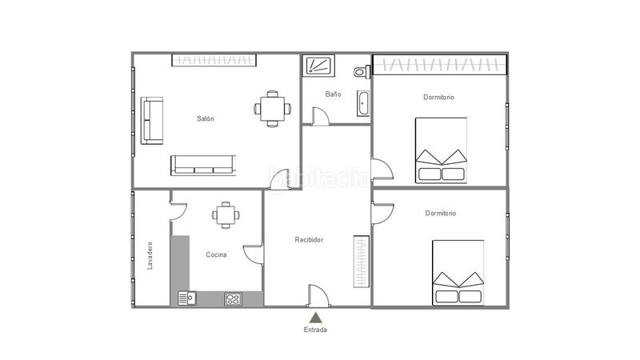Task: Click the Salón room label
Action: coord(206,118)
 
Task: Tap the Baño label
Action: coord(333,94)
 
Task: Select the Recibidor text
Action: coord(309,239)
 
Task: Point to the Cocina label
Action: coord(216,254)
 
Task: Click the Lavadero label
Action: coord(150,255)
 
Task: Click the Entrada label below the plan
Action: coord(315,330)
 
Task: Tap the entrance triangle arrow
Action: coord(315,318)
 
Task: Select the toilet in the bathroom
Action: coord(362,72)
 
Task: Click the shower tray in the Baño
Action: coord(318,66)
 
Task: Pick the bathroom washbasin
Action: coord(363,103)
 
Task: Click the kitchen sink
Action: coord(187,298)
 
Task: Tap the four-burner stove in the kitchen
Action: coord(233,299)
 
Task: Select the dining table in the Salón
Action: coord(273,109)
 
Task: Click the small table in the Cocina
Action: coord(226,215)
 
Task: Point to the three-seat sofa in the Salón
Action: coord(203,166)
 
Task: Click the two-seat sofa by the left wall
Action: coord(152,121)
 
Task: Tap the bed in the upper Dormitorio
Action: coord(441,150)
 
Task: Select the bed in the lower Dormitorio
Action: coord(458,273)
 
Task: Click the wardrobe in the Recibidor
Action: coord(362,262)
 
